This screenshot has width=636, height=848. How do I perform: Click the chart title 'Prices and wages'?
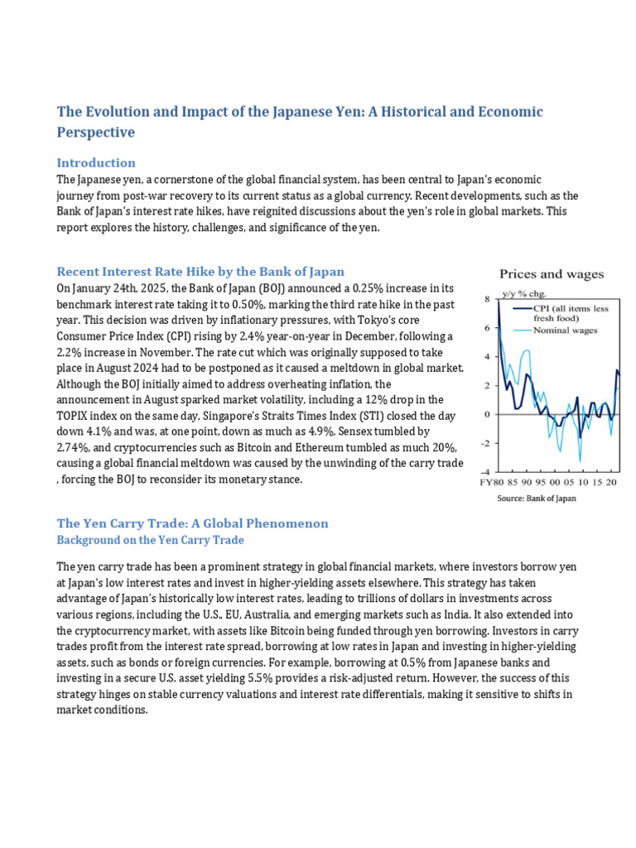point(551,274)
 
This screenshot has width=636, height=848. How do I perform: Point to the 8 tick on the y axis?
point(486,299)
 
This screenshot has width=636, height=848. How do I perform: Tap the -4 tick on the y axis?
point(484,472)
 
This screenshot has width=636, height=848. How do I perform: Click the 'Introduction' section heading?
point(95,162)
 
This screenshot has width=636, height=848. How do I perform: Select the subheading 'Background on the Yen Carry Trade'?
point(150,539)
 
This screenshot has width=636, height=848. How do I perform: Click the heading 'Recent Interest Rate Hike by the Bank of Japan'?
point(200,272)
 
